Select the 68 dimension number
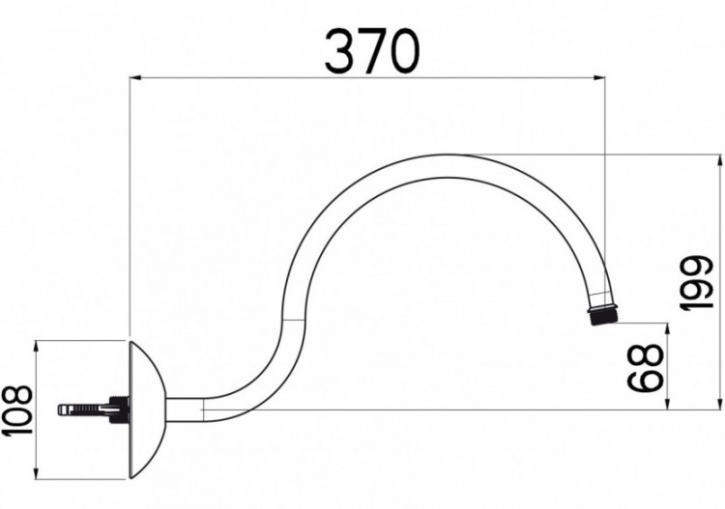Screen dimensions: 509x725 [646, 365]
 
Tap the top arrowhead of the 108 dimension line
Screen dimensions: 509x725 [36, 345]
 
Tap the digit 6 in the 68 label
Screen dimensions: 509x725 [646, 379]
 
